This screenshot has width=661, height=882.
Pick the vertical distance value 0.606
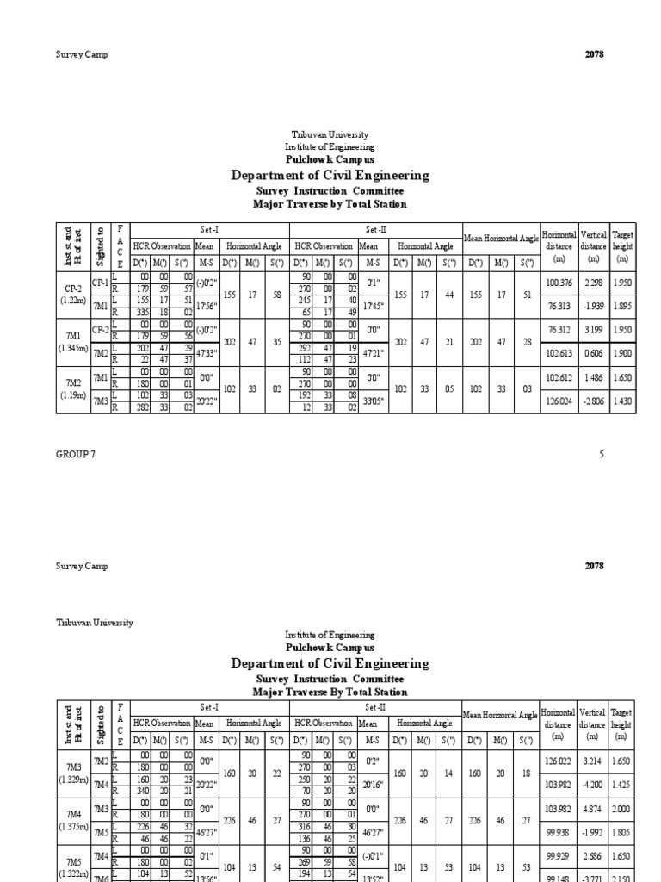pos(590,352)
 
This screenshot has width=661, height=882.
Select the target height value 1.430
pos(621,401)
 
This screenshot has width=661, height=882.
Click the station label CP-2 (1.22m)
pos(72,294)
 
